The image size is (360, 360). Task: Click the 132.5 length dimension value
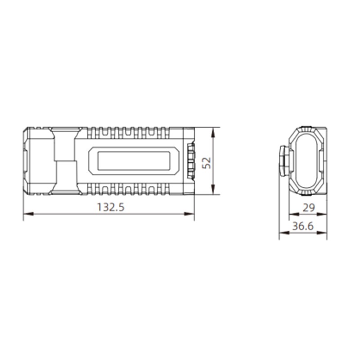[111, 207]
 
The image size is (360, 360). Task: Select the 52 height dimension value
[207, 163]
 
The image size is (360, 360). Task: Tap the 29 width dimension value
[309, 208]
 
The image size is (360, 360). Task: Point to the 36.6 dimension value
[303, 226]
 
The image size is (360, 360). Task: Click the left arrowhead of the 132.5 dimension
[28, 214]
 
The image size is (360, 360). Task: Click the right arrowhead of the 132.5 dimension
[189, 214]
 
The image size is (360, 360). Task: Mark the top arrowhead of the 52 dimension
[213, 133]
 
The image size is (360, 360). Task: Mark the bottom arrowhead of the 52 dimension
[213, 189]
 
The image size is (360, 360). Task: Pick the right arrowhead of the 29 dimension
[321, 215]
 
